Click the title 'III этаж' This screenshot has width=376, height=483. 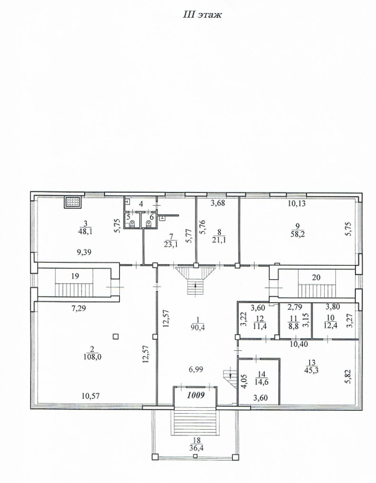[x=202, y=15]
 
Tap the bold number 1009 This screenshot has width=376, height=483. [x=196, y=395]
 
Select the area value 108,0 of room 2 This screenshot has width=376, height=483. [x=92, y=358]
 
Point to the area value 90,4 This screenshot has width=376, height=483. [x=198, y=327]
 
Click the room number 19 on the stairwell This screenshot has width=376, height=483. [x=75, y=276]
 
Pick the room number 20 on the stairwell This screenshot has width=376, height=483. [x=316, y=277]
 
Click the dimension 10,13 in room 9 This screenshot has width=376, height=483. [x=297, y=204]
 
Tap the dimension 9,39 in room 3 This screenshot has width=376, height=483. [x=84, y=253]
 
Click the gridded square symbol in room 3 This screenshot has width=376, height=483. [x=74, y=202]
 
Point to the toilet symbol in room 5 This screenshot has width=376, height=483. [x=132, y=223]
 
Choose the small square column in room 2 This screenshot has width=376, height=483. [x=116, y=337]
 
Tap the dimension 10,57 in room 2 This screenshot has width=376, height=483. [x=91, y=396]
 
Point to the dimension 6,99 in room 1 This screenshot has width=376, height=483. [x=196, y=369]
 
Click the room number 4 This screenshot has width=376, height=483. [x=141, y=204]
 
